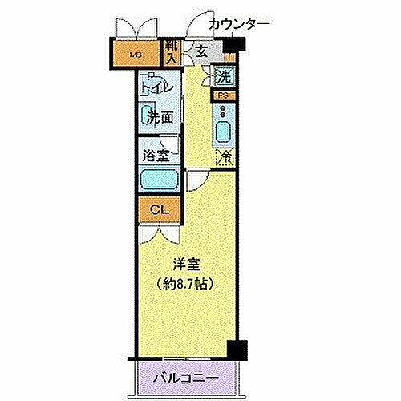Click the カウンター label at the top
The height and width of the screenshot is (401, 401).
tap(238, 25)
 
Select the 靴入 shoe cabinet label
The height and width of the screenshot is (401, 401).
tap(171, 53)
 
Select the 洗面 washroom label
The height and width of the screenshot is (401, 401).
tap(160, 118)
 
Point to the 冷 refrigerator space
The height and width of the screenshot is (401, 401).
tap(226, 156)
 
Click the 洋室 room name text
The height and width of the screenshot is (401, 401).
tap(188, 263)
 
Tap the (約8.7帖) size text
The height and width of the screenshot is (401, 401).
tap(186, 282)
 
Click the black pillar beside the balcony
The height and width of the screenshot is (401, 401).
tap(237, 350)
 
